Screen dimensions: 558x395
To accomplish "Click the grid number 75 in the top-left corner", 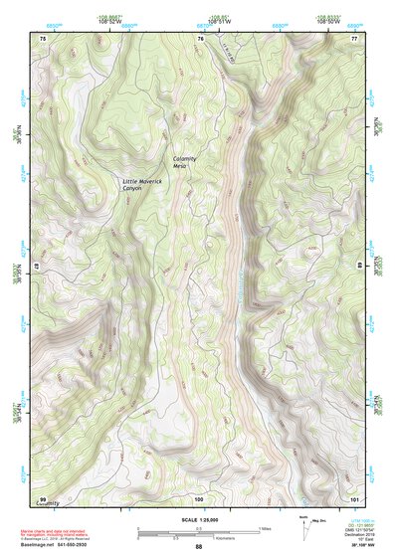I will coord(43,38).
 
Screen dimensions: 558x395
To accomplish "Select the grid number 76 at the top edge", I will coord(200,38).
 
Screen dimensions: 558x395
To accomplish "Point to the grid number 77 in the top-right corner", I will coord(354,38).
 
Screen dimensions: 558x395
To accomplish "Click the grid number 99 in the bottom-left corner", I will coord(43,498).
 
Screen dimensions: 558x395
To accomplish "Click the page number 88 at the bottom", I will coord(198,546).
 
